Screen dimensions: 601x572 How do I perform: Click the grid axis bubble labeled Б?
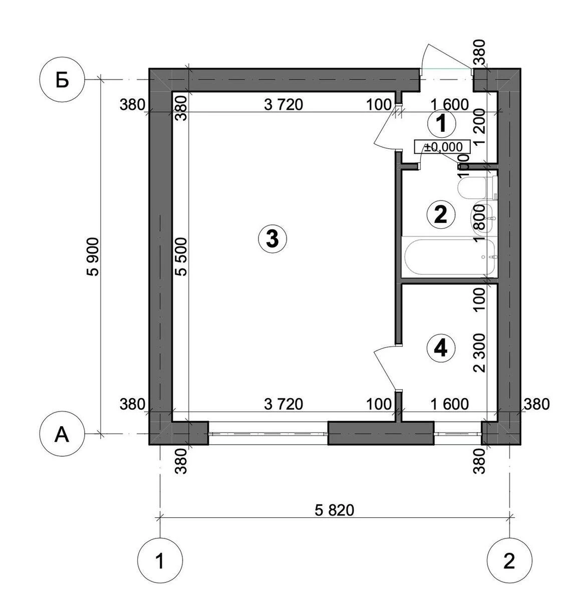coord(62,80)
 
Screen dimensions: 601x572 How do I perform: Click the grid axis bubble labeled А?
coord(62,434)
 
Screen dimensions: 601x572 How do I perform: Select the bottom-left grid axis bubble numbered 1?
coord(160,561)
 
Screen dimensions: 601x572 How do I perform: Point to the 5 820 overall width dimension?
coord(335,510)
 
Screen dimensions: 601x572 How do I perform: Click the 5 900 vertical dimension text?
coord(94,256)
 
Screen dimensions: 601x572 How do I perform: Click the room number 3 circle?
coord(272,238)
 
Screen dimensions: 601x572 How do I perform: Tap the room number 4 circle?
coord(441,348)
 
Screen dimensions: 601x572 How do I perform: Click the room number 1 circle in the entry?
coord(441,123)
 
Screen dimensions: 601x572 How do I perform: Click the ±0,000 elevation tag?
coord(442,147)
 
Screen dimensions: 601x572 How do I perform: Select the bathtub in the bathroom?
coord(449,257)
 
